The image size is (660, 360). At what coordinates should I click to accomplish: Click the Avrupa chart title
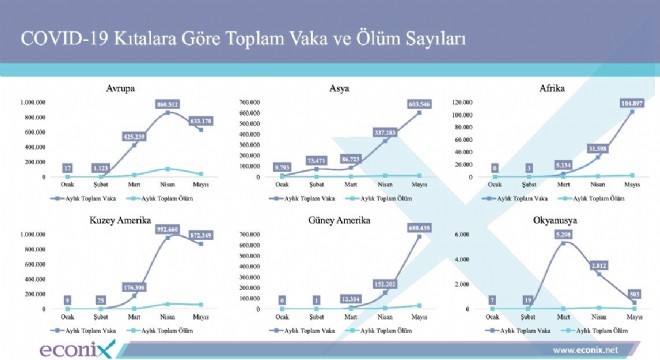[121, 89]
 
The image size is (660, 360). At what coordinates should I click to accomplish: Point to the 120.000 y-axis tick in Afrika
[469, 102]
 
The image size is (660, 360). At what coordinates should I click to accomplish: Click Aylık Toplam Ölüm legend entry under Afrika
[605, 199]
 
